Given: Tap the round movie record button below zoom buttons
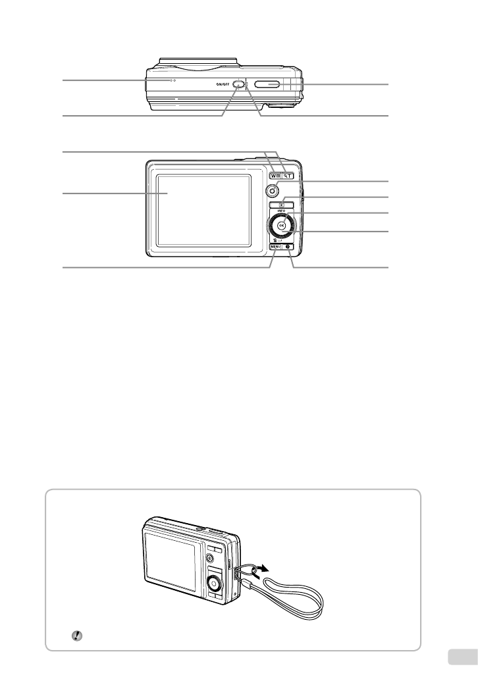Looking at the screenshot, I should pos(272,191).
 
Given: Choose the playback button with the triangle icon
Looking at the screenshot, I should pos(282,205).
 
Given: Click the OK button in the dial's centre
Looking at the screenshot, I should pos(282,226).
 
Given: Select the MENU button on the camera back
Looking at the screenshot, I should pos(275,247).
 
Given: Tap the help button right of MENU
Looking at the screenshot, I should pos(290,247).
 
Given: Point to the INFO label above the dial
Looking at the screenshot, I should pos(282,212).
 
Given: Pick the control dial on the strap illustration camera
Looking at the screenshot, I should pos(214,582).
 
